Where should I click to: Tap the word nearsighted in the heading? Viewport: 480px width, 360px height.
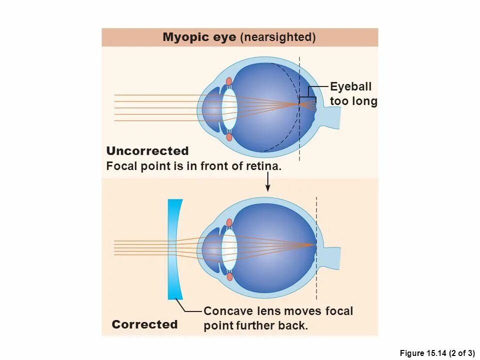click(278, 37)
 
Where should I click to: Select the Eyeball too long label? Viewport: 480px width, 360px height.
click(353, 94)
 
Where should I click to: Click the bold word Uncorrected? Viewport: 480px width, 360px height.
click(147, 151)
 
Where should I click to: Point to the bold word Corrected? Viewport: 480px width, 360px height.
click(144, 324)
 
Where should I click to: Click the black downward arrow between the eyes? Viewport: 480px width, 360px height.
click(268, 182)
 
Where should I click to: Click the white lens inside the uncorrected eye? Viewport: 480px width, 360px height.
click(229, 108)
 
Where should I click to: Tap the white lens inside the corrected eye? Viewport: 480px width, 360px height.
click(229, 248)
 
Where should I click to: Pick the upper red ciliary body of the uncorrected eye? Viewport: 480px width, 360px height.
click(229, 81)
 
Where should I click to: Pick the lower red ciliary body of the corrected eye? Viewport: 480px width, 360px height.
click(229, 276)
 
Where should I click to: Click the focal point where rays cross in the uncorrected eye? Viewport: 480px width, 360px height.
click(298, 104)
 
